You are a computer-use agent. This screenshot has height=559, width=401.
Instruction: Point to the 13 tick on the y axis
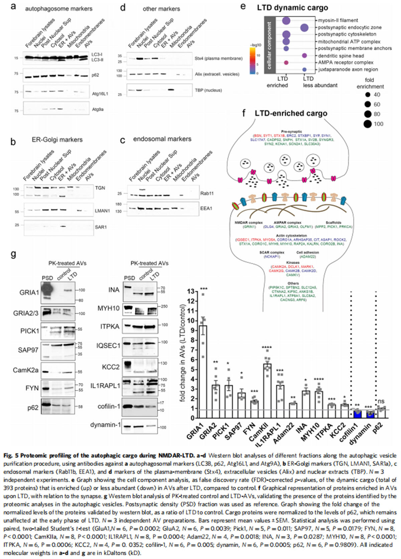click(190, 292)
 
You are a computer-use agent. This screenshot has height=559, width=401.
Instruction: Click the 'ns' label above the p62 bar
click(381, 401)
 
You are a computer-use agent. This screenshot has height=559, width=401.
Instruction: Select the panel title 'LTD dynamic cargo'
click(292, 8)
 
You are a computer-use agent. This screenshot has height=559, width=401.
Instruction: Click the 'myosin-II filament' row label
click(338, 20)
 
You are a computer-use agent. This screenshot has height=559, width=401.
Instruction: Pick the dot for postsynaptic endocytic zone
click(304, 28)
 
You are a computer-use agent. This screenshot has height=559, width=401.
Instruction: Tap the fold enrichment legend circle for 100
click(368, 124)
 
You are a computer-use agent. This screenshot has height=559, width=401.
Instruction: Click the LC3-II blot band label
click(97, 60)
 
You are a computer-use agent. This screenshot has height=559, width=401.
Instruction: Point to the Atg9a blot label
click(98, 109)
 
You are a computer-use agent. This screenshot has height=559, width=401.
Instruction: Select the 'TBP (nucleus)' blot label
click(208, 90)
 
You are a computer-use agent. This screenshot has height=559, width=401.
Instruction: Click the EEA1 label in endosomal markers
click(206, 208)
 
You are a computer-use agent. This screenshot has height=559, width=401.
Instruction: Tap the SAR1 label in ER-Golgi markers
click(101, 227)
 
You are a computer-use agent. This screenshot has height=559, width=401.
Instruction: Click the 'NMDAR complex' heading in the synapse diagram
click(249, 223)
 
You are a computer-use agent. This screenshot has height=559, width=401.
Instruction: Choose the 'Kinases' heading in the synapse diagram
click(293, 262)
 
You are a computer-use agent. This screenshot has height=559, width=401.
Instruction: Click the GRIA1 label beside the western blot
click(29, 293)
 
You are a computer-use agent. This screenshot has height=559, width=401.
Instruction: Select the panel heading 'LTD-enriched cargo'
click(291, 114)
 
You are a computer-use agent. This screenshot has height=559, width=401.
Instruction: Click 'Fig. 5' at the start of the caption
click(11, 455)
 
